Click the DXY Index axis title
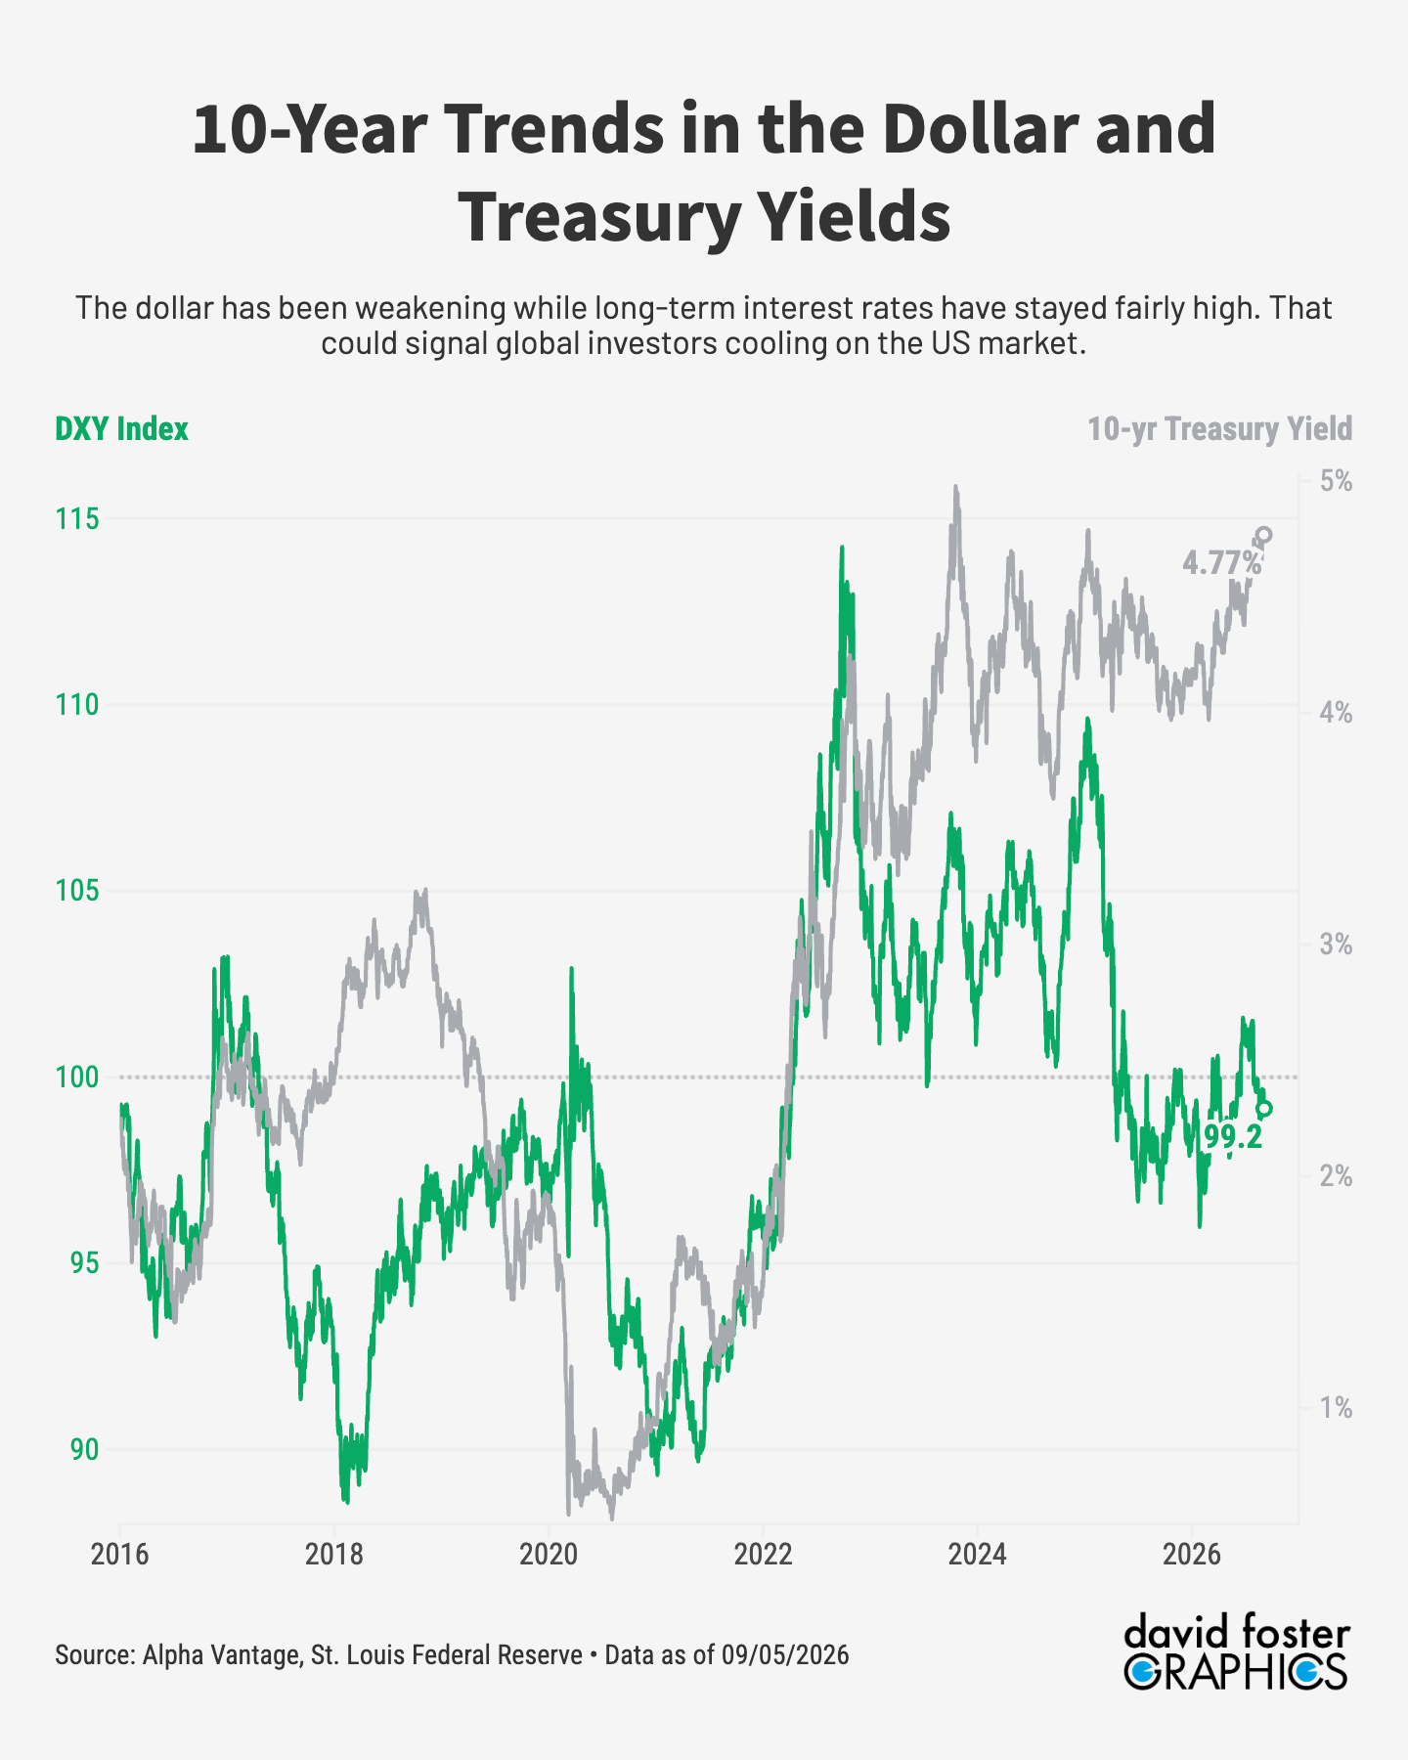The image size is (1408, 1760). [x=121, y=429]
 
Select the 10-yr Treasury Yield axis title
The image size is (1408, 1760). [x=1220, y=429]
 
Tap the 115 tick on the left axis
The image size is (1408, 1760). [x=77, y=518]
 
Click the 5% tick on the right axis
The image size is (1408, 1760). [x=1336, y=481]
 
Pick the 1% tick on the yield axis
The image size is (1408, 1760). [x=1337, y=1408]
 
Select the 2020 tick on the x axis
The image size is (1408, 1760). [x=549, y=1555]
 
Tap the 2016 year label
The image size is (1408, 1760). [x=120, y=1555]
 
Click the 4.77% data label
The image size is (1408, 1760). [x=1222, y=562]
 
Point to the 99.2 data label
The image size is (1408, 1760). [x=1233, y=1137]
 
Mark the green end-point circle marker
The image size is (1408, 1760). [x=1264, y=1109]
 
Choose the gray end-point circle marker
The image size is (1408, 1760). [x=1264, y=535]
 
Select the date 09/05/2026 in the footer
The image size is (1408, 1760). [x=785, y=1655]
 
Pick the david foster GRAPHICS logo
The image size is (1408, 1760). [x=1237, y=1651]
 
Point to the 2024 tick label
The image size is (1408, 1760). [x=977, y=1555]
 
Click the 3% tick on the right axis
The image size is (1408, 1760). [x=1336, y=945]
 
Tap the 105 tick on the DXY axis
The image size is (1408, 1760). [x=77, y=891]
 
